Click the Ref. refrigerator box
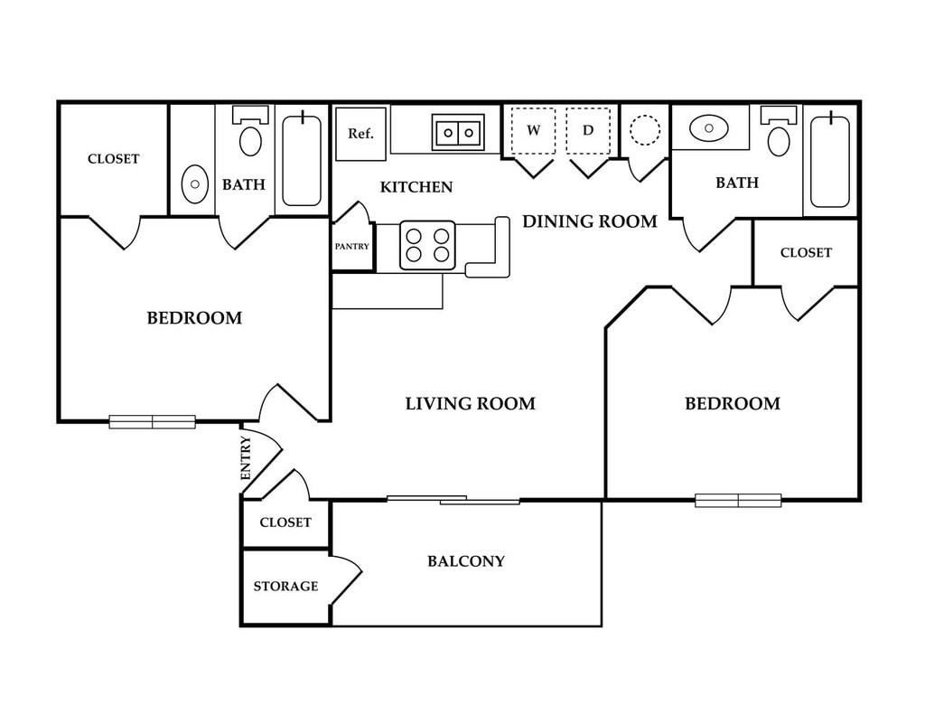pos(360,134)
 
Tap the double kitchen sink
pos(458,133)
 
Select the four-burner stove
pos(427,245)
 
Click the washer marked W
pos(533,131)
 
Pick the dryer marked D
pos(588,131)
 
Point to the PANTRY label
pos(352,246)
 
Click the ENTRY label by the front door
pos(246,457)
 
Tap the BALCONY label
pos(465,561)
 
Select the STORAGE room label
pos(285,587)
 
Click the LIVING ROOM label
pos(470,404)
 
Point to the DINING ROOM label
pos(590,221)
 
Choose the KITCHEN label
pos(416,188)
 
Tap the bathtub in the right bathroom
pos(829,160)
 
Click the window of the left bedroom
pos(152,421)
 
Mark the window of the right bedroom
pos(737,500)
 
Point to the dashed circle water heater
pos(644,130)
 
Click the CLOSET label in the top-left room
pos(114,159)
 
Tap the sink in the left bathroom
pos(194,184)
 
